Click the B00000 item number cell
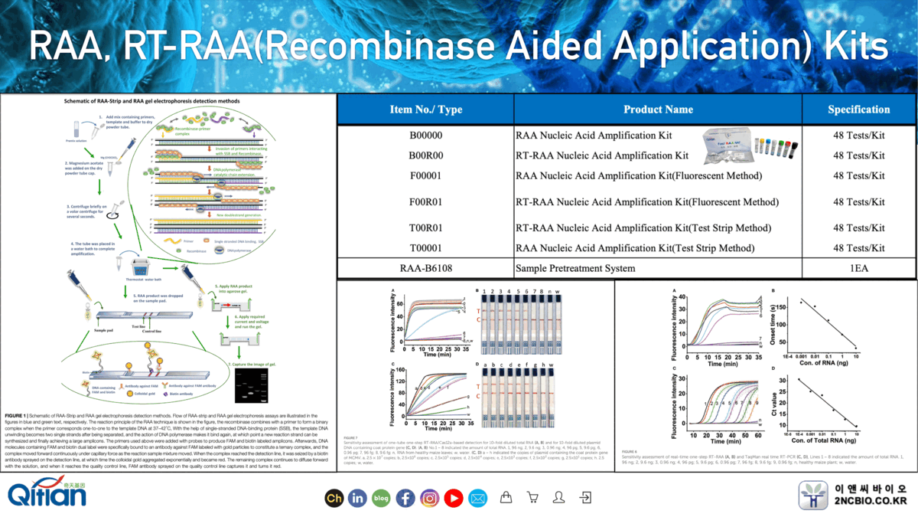pos(425,136)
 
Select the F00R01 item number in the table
pos(425,202)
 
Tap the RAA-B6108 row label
pos(425,269)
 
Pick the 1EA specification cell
pos(858,269)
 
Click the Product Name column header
pos(658,110)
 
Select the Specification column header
pos(858,110)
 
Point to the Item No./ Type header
pos(425,110)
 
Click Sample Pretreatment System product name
pos(575,269)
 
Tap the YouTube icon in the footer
pos(453,498)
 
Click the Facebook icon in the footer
pos(405,498)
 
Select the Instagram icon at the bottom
pos(429,498)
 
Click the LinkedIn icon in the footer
pos(357,498)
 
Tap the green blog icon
pos(381,498)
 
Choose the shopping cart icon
pos(532,498)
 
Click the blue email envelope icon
pos(477,498)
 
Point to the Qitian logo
pos(47,494)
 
